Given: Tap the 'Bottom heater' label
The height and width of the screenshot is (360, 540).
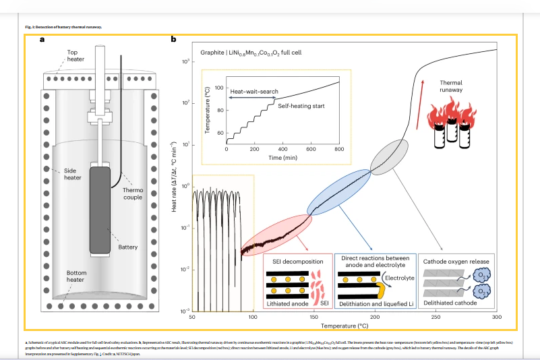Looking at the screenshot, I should coord(76,276).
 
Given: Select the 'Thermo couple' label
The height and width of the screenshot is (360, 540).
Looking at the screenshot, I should coord(132,193).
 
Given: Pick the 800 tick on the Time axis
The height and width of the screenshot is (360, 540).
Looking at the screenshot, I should coord(339,148).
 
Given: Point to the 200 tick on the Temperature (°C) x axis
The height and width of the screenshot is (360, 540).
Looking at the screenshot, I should coord(375,316).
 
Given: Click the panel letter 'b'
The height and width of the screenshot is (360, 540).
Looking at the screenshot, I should coord(174,40).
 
